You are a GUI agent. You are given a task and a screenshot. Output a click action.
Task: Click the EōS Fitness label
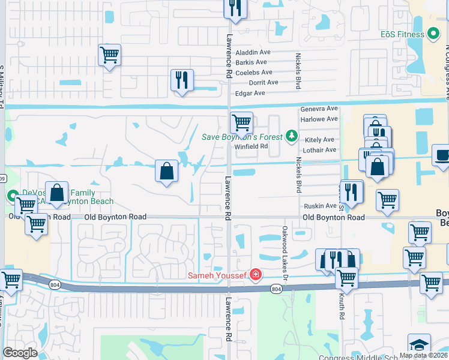(x=402, y=34)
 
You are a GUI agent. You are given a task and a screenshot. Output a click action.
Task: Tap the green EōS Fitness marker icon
(x=434, y=34)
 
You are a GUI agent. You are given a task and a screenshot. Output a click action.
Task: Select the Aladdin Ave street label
(x=253, y=52)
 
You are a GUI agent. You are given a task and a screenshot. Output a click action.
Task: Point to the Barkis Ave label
(x=251, y=62)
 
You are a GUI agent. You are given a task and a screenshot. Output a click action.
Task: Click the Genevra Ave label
(x=319, y=109)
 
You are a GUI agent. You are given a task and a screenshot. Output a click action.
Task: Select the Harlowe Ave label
(x=319, y=119)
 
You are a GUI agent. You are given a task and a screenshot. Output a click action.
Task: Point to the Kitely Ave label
(x=319, y=139)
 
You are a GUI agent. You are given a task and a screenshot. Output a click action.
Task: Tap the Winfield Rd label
(x=250, y=146)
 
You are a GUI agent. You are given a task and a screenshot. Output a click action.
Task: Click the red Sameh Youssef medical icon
(x=256, y=275)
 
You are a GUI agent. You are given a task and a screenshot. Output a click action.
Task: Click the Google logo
(x=20, y=352)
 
